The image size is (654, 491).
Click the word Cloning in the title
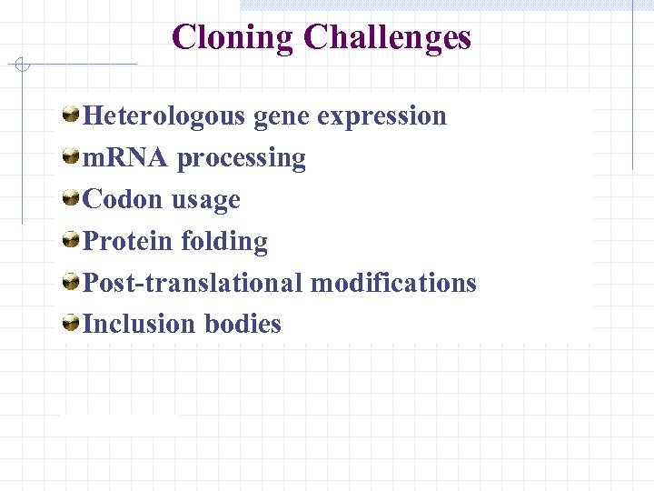[233, 37]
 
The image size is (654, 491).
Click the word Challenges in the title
[388, 37]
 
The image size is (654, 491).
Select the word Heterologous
[163, 116]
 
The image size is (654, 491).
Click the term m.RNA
[124, 157]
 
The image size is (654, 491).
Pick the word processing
[242, 159]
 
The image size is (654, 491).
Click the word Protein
[128, 241]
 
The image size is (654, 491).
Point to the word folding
[224, 242]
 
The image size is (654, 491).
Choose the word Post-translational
[193, 283]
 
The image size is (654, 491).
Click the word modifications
[393, 283]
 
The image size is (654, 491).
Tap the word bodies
[243, 324]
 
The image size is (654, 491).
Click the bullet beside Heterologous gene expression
[70, 115]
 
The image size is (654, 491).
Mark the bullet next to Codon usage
[70, 198]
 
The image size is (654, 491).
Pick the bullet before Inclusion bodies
[70, 323]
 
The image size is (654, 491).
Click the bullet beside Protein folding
[70, 240]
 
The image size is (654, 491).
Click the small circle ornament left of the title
[23, 65]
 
